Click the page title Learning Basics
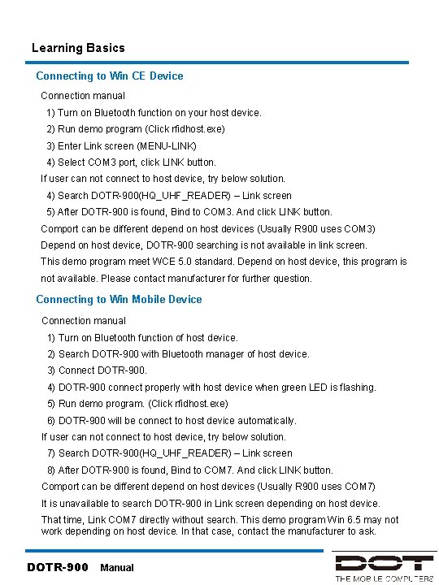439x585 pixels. click(78, 48)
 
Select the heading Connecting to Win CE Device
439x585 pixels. click(110, 76)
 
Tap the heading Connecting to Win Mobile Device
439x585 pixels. click(119, 299)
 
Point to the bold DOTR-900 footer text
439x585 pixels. click(58, 567)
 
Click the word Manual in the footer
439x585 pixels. click(116, 568)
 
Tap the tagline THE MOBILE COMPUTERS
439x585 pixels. click(384, 578)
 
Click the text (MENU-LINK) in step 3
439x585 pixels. click(167, 145)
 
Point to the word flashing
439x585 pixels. click(356, 388)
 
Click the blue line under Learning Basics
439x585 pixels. click(219, 62)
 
